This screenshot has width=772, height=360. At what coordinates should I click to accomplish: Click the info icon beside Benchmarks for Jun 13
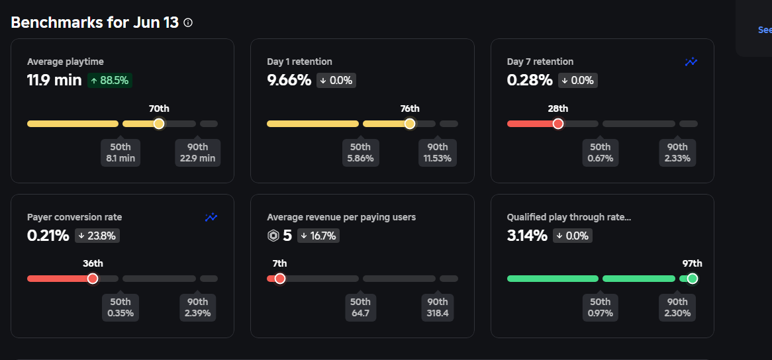(188, 22)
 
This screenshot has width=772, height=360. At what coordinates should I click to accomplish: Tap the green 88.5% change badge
(109, 81)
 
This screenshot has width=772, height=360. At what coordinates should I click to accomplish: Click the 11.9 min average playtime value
(54, 81)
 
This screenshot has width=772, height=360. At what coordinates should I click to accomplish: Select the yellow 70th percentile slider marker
(159, 124)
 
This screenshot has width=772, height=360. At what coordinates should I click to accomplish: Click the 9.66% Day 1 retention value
(289, 81)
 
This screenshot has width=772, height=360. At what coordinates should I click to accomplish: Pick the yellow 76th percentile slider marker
(410, 124)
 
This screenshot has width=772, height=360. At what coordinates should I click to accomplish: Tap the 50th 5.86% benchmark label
(360, 152)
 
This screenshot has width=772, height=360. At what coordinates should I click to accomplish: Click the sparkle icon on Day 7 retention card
(691, 62)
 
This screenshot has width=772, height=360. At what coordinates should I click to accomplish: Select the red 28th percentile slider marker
(558, 124)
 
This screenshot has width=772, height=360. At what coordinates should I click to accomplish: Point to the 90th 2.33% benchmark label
(677, 152)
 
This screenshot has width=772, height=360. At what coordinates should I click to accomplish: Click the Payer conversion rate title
(74, 217)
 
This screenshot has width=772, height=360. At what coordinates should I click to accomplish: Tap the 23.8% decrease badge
(97, 236)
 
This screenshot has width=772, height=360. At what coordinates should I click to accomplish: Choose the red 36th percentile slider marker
(93, 279)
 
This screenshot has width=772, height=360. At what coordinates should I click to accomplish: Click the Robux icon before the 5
(273, 236)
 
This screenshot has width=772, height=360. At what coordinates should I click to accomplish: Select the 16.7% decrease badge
(318, 236)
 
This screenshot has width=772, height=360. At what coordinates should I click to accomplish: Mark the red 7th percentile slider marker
(280, 279)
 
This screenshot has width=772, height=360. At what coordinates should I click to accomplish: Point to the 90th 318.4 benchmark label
(438, 307)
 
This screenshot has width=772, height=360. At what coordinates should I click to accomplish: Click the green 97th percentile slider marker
(693, 279)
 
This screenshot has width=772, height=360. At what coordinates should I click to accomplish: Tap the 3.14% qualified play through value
(527, 236)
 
